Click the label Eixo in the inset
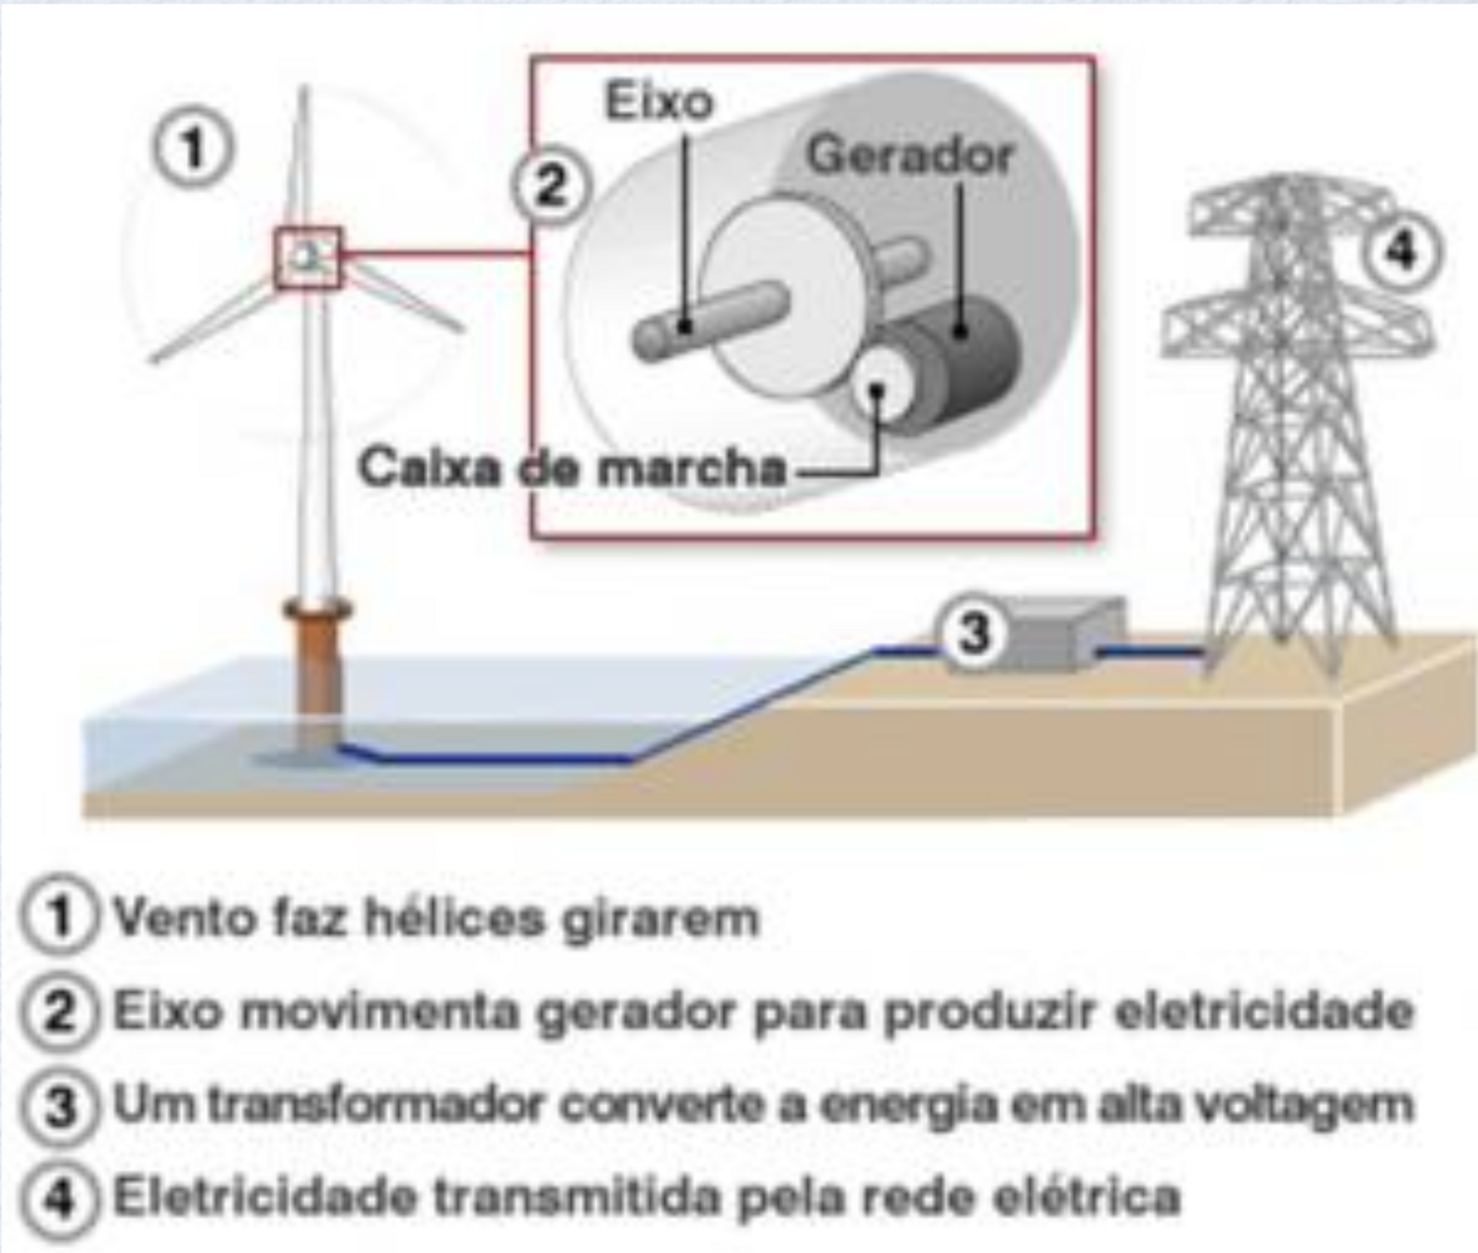(659, 101)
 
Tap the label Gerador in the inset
(910, 155)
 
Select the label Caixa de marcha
(572, 467)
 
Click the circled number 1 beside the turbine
(192, 149)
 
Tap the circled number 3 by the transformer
(975, 634)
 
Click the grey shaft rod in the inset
(710, 320)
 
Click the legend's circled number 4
(58, 1198)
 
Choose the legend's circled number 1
(58, 918)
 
